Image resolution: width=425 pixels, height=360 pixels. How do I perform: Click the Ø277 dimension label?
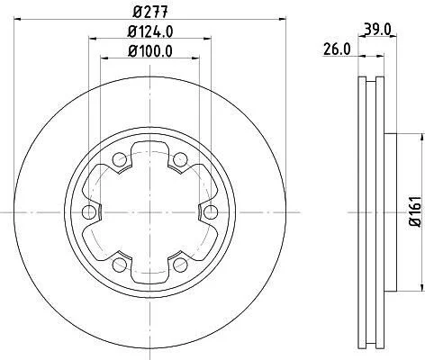(x=150, y=12)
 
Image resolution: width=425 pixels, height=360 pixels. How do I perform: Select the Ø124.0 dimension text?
(x=150, y=31)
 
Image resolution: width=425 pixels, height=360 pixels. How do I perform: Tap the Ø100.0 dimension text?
(x=150, y=51)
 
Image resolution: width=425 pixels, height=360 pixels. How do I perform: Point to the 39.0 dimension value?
(x=378, y=30)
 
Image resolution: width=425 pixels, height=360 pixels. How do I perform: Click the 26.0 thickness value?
(x=337, y=49)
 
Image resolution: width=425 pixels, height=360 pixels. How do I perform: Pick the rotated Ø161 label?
(x=416, y=211)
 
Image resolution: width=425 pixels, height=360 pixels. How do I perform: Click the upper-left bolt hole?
(x=120, y=159)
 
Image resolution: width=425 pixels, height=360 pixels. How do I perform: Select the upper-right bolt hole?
(x=181, y=159)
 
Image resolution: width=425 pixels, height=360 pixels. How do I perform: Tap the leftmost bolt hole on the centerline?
(x=89, y=212)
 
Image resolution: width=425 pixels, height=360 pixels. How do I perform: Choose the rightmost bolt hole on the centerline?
(x=212, y=212)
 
